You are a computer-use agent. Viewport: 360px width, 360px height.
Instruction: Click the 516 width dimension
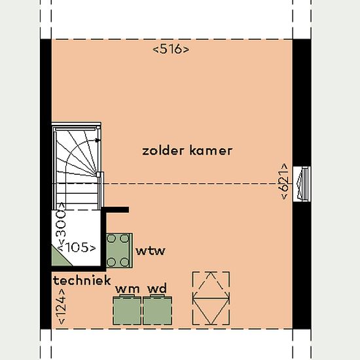coord(171,49)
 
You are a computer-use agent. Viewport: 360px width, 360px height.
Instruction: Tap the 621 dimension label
coord(284,181)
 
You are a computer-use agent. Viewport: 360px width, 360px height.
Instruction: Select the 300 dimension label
coord(61,227)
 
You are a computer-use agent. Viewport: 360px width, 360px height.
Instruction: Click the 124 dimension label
coord(62,306)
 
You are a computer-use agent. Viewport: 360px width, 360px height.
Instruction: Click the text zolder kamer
coord(187,151)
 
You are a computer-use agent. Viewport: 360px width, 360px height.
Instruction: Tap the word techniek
coord(82,280)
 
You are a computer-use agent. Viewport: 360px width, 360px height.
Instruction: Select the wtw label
coord(151,251)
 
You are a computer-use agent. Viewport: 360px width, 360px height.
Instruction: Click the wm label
coord(128,289)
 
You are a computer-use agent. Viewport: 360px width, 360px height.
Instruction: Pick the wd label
coord(157,289)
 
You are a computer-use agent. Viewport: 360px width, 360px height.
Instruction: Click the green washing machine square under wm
coord(127,310)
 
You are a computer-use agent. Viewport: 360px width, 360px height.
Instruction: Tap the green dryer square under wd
coord(158,310)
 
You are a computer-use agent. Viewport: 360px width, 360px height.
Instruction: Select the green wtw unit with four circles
coord(119,251)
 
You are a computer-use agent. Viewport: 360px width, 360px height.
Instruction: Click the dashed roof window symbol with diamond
coord(211,298)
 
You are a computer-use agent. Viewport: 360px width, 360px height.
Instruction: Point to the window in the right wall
coord(302,184)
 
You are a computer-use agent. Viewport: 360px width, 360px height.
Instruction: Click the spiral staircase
coord(77,166)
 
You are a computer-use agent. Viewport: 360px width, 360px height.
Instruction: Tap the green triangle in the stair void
coord(60,257)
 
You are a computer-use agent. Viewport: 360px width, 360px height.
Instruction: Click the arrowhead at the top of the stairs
coord(98,140)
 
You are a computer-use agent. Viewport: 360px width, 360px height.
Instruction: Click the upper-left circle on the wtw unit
coord(111,238)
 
